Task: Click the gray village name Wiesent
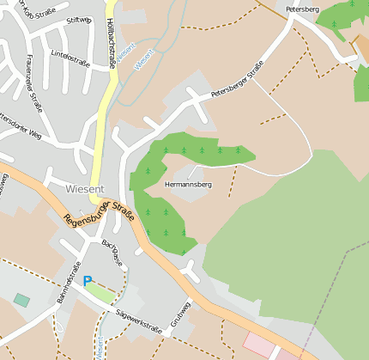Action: click(x=84, y=188)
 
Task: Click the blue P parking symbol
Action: click(x=87, y=281)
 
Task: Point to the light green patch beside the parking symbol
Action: click(x=101, y=293)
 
